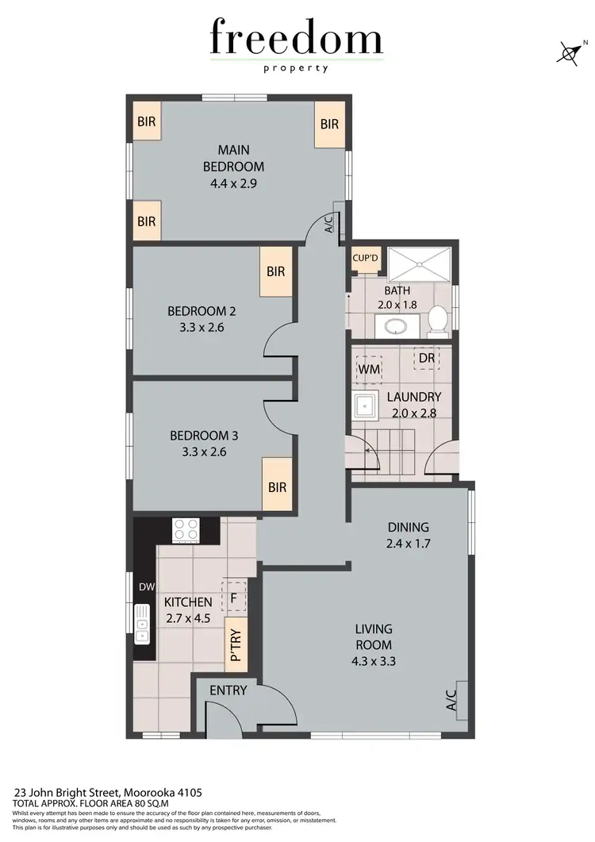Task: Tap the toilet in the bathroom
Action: coord(437,319)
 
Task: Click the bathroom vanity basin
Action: coord(391,325)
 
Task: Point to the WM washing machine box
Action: coord(369,370)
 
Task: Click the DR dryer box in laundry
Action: coord(427,358)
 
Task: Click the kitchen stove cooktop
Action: coord(186,529)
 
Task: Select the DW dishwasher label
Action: coord(146,587)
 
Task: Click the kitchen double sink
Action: coord(143,624)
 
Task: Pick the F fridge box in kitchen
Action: coord(234,595)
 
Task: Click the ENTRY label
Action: coord(228,690)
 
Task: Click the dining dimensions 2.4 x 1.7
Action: coord(408,544)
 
